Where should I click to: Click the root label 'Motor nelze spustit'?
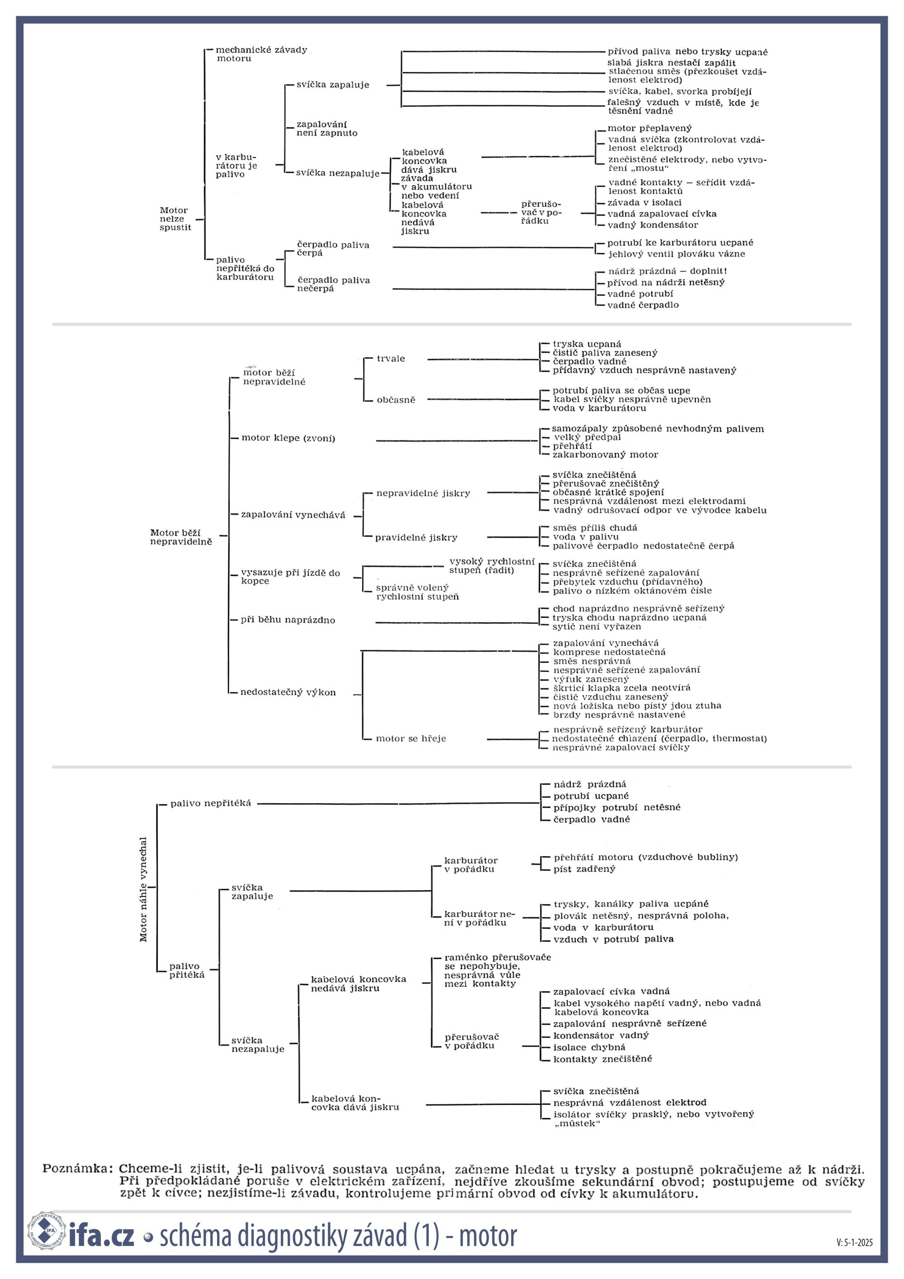(175, 219)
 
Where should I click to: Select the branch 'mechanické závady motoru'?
(261, 54)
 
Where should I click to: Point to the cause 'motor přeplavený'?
(649, 128)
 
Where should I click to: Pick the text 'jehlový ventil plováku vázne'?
(676, 254)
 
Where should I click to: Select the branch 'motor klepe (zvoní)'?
(289, 438)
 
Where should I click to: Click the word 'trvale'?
(391, 359)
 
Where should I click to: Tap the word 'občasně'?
(396, 400)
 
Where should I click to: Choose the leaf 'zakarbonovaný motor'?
(606, 455)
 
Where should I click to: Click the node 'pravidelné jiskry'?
(416, 538)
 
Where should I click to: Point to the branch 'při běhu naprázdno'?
(288, 620)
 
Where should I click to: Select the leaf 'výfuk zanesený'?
(591, 679)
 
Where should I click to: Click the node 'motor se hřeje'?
(411, 739)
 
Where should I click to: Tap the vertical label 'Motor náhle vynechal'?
(143, 890)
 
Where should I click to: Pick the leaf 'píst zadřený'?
(584, 869)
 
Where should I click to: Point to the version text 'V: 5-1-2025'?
(854, 1242)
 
